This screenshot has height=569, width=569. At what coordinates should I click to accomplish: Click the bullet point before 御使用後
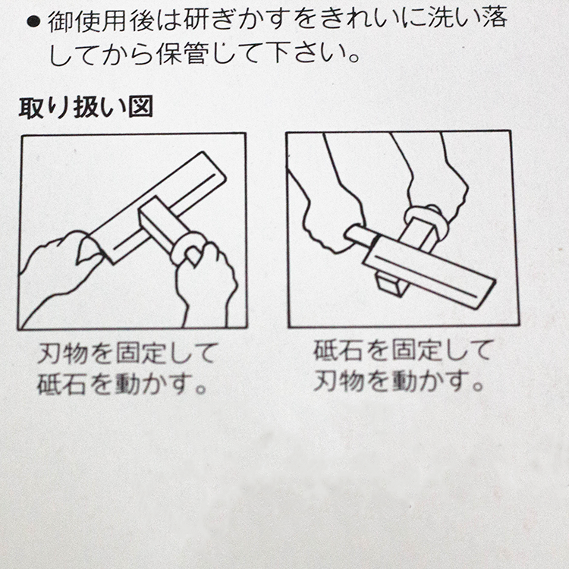coord(33,22)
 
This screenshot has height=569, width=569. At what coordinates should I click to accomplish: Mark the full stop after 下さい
coord(353,58)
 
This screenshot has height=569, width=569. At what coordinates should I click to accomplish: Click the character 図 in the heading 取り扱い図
coord(140,107)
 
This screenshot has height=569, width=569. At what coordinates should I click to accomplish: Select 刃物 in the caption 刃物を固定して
coord(62,352)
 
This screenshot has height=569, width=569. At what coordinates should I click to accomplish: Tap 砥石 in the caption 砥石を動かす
coord(61,383)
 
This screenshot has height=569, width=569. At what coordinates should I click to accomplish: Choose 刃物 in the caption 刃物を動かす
coord(338,380)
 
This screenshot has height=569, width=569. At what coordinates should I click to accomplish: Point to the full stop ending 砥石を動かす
coord(201,389)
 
